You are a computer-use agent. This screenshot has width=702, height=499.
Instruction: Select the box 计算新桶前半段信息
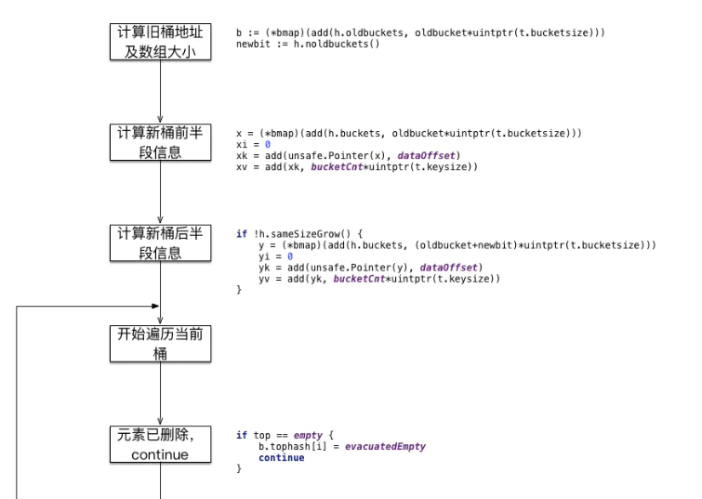161,142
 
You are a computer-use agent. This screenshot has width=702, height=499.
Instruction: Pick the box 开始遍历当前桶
161,346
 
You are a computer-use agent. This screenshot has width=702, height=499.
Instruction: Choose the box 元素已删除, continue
161,445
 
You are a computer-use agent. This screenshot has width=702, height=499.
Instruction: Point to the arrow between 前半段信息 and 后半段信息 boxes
161,193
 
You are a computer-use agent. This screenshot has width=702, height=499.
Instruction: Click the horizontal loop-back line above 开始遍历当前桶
88,307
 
